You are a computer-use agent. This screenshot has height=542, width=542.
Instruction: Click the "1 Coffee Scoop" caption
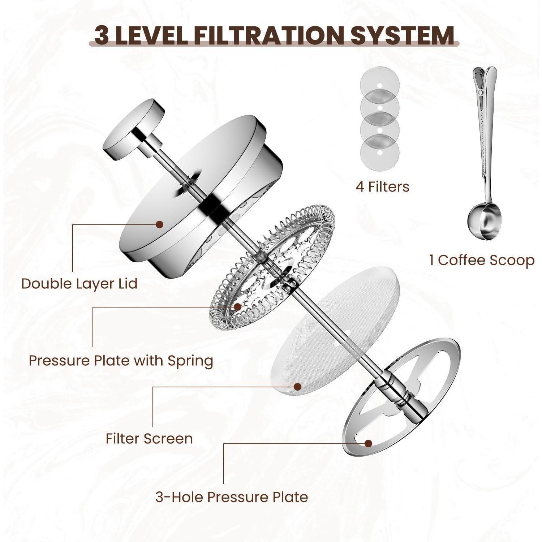coord(482,260)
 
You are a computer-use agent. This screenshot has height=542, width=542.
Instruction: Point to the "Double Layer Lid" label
coord(79,283)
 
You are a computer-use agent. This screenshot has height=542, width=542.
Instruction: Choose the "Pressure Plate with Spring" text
coord(121,361)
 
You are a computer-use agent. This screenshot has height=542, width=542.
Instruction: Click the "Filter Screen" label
coord(149,438)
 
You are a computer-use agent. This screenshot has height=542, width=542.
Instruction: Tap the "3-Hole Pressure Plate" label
coord(232,497)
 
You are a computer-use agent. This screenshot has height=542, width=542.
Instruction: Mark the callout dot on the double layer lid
coord(159,224)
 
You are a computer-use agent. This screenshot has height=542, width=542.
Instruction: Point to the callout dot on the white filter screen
coord(297,387)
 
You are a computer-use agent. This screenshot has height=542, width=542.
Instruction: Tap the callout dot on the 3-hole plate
coord(368,443)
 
